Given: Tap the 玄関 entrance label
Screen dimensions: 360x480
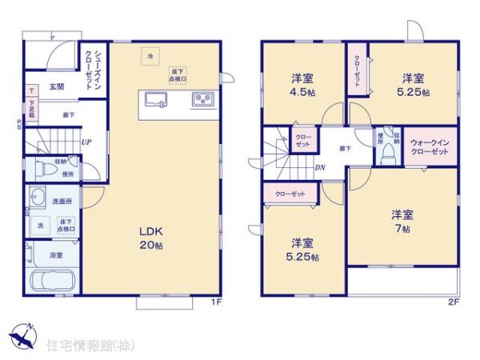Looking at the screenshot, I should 56,86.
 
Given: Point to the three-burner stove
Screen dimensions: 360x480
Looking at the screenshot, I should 202,99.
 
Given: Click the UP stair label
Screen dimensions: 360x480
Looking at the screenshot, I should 85,142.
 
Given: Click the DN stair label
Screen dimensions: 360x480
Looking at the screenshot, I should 320,167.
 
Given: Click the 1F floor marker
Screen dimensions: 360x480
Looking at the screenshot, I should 215,302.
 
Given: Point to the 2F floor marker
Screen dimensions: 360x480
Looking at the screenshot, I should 453,302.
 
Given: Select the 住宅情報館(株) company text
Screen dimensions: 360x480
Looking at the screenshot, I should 85,346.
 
